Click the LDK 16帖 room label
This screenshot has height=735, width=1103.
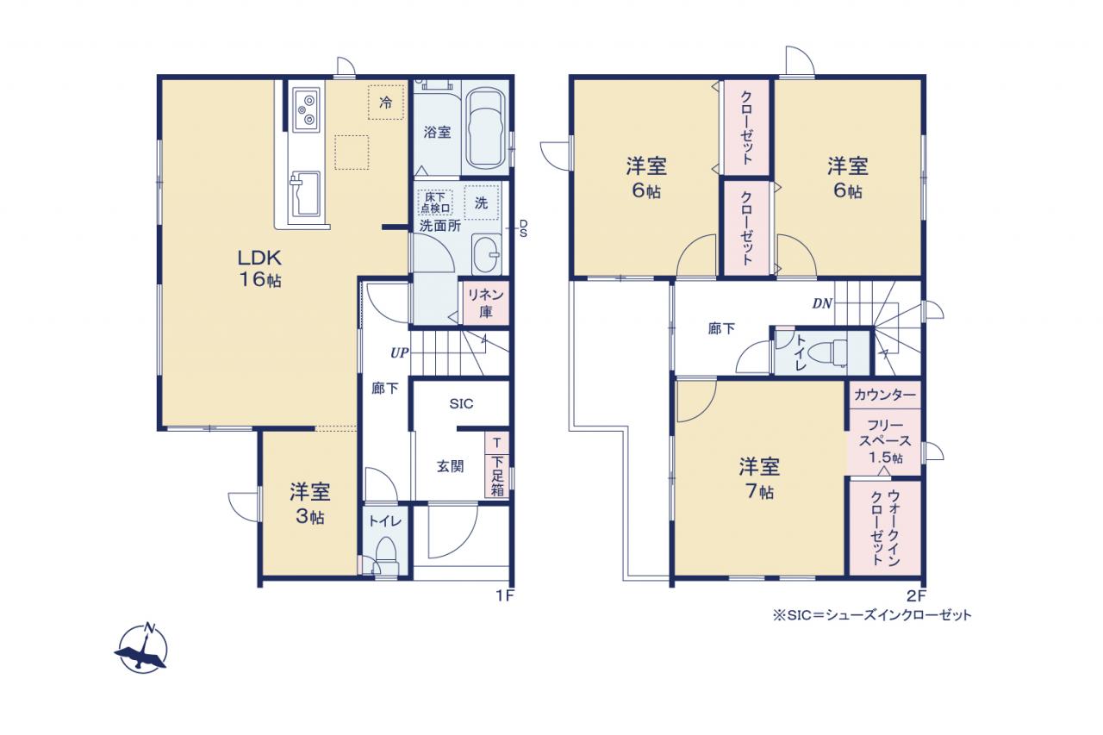point(259,268)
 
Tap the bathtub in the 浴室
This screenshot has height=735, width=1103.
point(487,129)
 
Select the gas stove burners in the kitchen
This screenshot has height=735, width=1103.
point(308,109)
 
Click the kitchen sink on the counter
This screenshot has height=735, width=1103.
point(305,194)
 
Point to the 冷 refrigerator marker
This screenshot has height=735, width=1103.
point(386,103)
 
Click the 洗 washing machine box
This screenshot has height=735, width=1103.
point(481,202)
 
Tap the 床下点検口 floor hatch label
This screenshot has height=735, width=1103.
point(435,202)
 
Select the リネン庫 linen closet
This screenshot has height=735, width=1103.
point(485,303)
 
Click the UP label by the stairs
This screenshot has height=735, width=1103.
point(399,353)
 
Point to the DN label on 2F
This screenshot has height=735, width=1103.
point(822,304)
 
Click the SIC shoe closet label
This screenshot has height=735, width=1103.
point(461,404)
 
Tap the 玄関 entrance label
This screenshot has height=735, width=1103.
point(451,465)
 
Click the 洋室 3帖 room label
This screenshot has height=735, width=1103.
point(309,504)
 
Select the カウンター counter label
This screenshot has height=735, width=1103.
point(885,395)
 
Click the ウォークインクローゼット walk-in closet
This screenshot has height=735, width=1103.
point(885,527)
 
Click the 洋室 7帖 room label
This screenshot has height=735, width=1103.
point(759,478)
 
